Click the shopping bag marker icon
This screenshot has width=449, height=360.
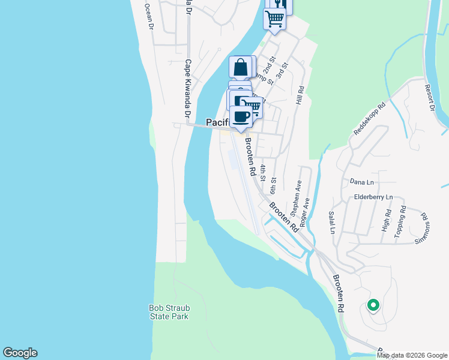click(241, 67)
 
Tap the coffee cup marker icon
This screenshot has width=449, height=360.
click(241, 117)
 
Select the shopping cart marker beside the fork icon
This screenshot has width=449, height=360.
click(274, 18)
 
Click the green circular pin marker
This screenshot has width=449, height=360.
click(373, 306)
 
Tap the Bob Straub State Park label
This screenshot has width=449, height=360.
click(169, 312)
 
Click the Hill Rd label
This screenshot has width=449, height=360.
click(300, 95)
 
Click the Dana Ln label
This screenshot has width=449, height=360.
click(362, 180)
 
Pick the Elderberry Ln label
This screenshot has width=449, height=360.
click(373, 197)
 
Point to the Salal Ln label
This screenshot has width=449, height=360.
click(331, 222)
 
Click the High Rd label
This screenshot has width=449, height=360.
click(386, 221)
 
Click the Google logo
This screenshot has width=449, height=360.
click(20, 353)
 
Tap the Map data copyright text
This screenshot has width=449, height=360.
click(412, 355)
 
